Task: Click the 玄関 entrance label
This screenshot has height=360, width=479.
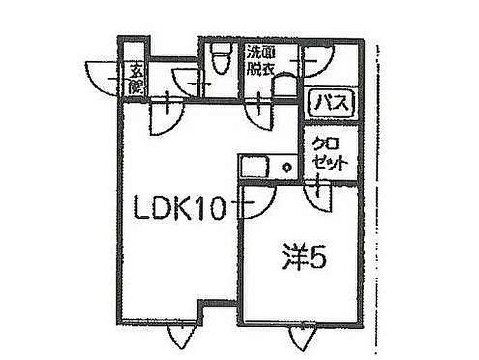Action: [135, 79]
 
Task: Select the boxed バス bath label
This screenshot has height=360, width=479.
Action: [332, 105]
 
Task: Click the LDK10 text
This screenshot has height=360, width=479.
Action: [179, 207]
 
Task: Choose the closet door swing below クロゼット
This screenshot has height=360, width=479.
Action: [320, 196]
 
